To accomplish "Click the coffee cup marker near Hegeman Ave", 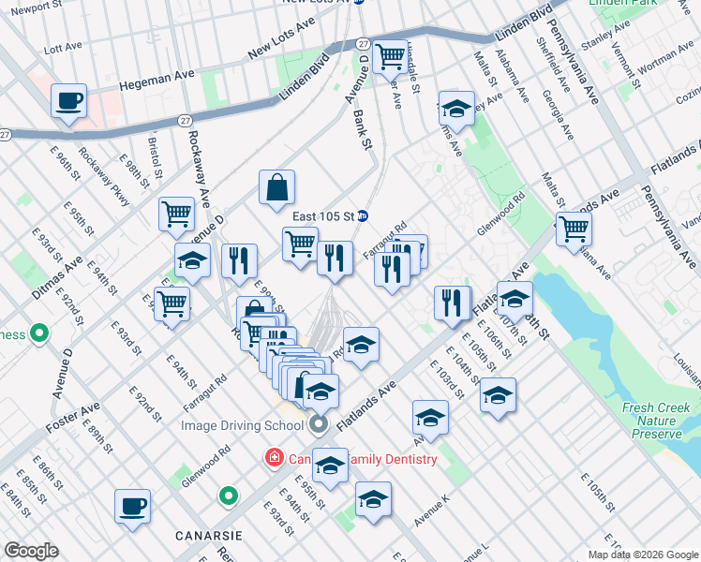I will pyautogui.click(x=69, y=101).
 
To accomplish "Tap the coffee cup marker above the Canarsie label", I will pyautogui.click(x=132, y=506).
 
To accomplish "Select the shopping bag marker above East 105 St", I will pyautogui.click(x=277, y=187).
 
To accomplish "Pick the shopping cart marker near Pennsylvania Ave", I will pyautogui.click(x=574, y=229).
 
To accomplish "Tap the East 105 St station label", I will pyautogui.click(x=322, y=215).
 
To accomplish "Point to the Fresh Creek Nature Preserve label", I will pyautogui.click(x=656, y=421).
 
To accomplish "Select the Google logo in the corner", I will pyautogui.click(x=30, y=551).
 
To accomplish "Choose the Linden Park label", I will pyautogui.click(x=621, y=5).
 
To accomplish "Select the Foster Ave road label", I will pyautogui.click(x=72, y=419).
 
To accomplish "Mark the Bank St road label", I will pyautogui.click(x=362, y=126).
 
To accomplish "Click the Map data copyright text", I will pyautogui.click(x=641, y=555).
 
